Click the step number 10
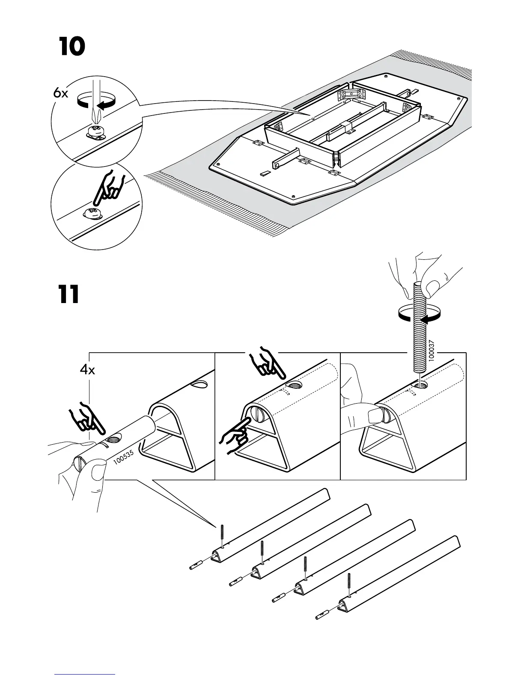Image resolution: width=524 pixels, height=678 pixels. tap(72, 48)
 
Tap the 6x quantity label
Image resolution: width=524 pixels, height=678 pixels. tap(61, 93)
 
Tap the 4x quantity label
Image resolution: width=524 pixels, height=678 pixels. tap(87, 370)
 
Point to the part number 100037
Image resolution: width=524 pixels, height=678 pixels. tap(431, 351)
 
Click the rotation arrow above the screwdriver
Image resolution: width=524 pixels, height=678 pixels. tap(97, 102)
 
